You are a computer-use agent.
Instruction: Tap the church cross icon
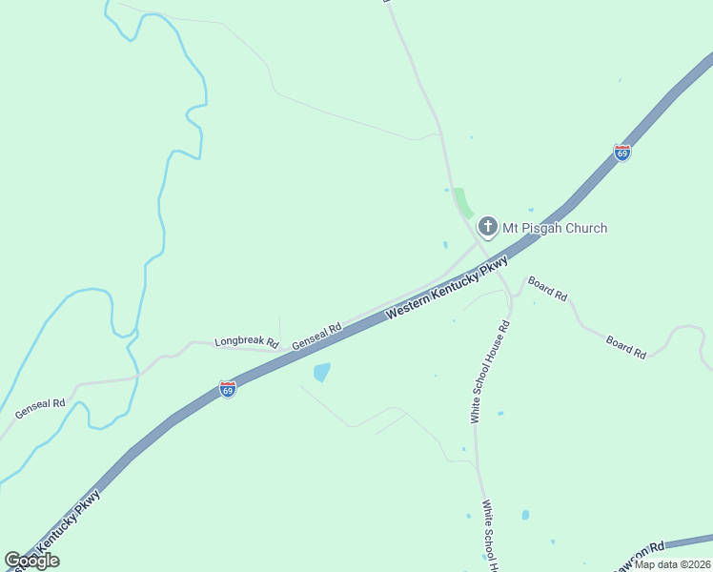click(x=487, y=227)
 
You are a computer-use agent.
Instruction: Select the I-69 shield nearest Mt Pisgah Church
click(x=621, y=153)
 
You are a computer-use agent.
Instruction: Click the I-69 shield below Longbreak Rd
click(x=227, y=389)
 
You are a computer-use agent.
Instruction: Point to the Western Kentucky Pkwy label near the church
click(x=447, y=289)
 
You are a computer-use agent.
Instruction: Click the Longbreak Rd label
click(x=246, y=341)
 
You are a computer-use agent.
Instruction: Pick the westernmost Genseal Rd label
click(x=40, y=409)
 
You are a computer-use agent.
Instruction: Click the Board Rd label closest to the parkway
click(x=547, y=289)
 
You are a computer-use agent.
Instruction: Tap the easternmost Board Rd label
click(x=626, y=347)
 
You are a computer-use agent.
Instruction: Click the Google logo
click(x=31, y=561)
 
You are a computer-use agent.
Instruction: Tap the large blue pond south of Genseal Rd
click(x=322, y=372)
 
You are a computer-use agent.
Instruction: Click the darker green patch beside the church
click(x=463, y=202)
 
